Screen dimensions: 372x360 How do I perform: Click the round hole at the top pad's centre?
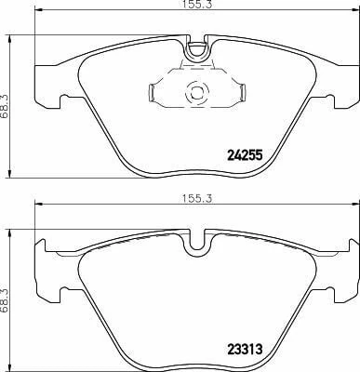[x=195, y=92]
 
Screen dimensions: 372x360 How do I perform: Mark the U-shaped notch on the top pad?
[x=195, y=52]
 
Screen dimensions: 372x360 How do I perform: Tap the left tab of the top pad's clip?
[x=153, y=91]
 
